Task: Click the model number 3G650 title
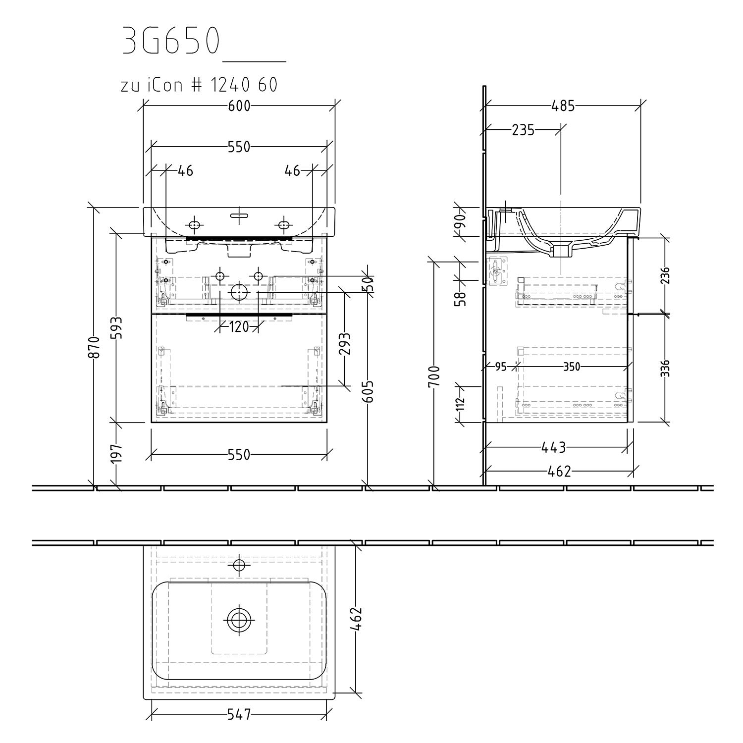(170, 41)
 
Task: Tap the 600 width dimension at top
(239, 106)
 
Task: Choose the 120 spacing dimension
(239, 326)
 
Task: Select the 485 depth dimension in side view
(563, 106)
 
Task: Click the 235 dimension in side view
(523, 130)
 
